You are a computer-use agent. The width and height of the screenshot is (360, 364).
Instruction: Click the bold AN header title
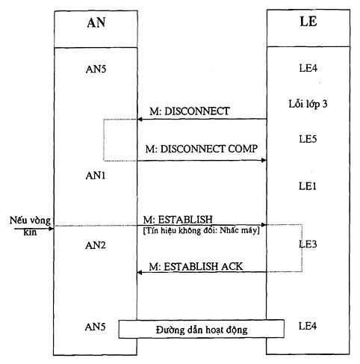(x=96, y=22)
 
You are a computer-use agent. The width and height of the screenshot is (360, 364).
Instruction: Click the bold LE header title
(x=308, y=21)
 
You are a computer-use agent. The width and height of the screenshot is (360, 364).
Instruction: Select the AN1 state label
(x=96, y=176)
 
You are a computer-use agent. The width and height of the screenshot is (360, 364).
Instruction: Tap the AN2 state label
(x=96, y=245)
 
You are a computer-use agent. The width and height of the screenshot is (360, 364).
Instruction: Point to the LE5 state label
(x=308, y=139)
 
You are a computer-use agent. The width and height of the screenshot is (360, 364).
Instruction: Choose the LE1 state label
(x=308, y=186)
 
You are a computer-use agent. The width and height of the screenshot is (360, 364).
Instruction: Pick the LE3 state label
(x=308, y=244)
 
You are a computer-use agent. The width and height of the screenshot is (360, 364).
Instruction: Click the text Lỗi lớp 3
(x=308, y=104)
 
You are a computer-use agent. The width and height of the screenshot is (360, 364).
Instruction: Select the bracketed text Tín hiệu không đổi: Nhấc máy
(x=202, y=230)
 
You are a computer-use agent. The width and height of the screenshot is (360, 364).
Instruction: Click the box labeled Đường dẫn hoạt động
(x=202, y=329)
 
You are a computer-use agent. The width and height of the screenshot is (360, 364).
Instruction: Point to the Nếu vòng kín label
(x=30, y=226)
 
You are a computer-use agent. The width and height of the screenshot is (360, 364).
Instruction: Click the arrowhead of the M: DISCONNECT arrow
(x=140, y=119)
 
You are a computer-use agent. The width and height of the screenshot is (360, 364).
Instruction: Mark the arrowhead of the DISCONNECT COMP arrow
(x=264, y=160)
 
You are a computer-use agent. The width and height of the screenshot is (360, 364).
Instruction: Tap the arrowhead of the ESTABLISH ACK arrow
(x=140, y=272)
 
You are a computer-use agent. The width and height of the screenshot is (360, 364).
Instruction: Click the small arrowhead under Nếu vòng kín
(x=51, y=229)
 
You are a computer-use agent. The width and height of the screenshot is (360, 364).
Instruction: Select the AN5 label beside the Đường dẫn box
(x=96, y=327)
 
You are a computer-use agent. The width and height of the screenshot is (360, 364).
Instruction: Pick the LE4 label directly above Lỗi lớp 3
(x=308, y=68)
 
